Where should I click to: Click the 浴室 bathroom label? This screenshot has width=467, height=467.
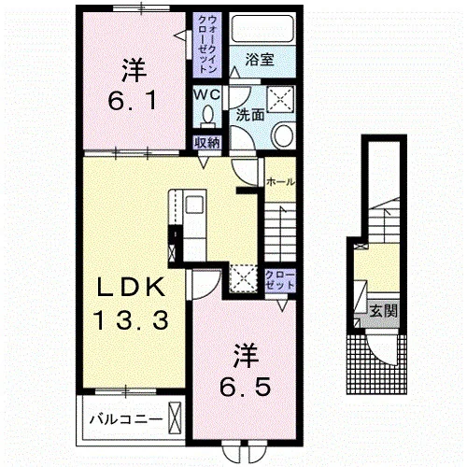click(260, 60)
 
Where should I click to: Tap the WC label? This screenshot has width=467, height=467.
click(206, 95)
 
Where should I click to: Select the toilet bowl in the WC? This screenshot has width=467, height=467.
click(207, 116)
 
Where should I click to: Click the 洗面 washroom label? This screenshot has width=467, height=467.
click(249, 115)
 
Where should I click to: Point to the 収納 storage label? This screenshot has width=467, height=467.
click(207, 143)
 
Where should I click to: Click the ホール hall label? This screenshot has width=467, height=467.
click(280, 181)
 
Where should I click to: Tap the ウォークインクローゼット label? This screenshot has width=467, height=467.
click(207, 44)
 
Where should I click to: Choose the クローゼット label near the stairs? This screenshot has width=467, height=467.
click(280, 280)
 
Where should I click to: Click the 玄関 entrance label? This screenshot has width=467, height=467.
click(384, 310)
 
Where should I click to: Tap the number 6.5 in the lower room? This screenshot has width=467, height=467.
click(245, 387)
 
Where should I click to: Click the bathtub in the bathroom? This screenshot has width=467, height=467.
click(262, 29)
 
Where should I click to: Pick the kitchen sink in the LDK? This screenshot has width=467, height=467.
click(194, 205)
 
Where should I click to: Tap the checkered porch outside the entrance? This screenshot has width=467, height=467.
click(376, 364)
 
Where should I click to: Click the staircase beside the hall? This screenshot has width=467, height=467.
click(280, 233)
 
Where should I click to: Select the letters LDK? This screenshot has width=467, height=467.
click(131, 287)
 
